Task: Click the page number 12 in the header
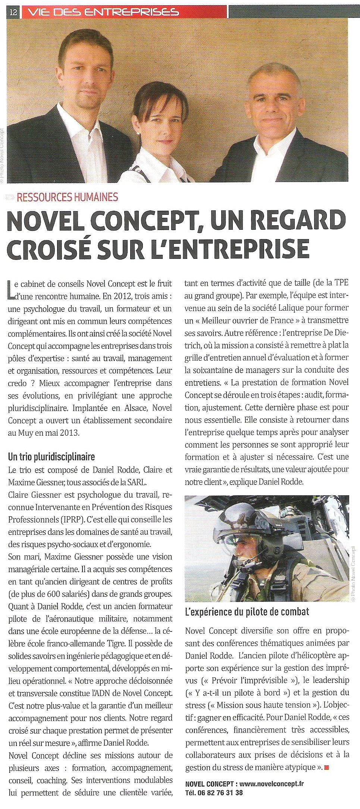coord(13,12)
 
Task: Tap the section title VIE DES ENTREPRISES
coord(103,12)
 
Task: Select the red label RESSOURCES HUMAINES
coord(67,197)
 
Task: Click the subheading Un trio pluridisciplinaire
coord(51,457)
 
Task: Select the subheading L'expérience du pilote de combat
coord(247,612)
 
